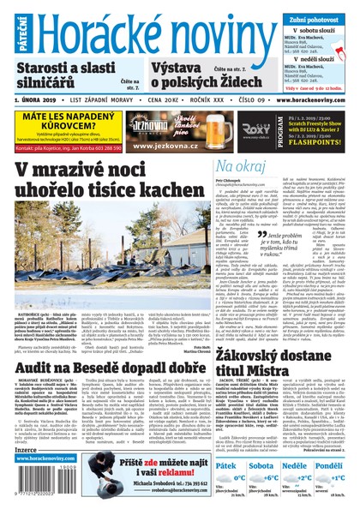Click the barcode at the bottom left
pos(34,488)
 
